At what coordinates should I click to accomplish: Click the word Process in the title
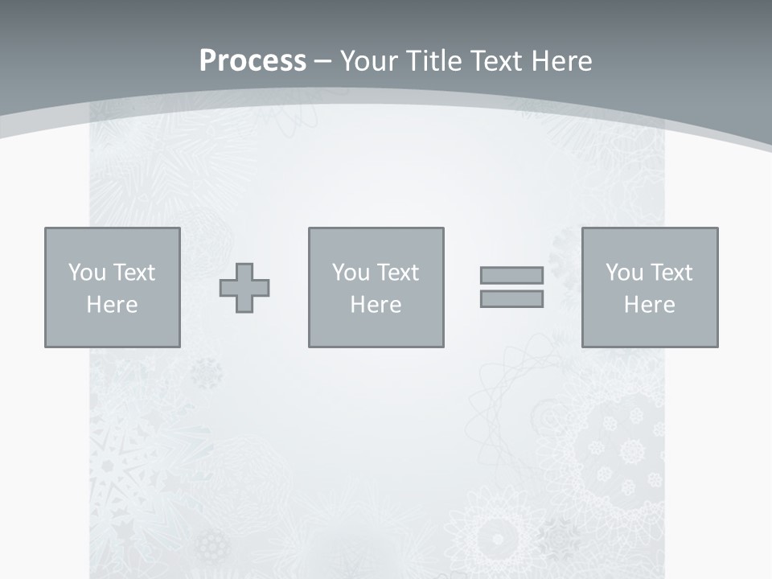(253, 61)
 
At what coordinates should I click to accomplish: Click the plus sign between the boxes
(244, 288)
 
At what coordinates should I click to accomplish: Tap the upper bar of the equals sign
(511, 275)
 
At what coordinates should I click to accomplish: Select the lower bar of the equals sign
(511, 299)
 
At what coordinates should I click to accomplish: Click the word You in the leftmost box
(87, 273)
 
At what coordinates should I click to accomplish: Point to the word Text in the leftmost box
(133, 273)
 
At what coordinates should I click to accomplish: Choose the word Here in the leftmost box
(112, 305)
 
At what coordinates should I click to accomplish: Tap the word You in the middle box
(351, 273)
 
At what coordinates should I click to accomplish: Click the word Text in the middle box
(396, 273)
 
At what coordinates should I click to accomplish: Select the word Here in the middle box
(376, 305)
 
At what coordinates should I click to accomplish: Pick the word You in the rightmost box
(624, 273)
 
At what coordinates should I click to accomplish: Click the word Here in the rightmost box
(649, 305)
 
